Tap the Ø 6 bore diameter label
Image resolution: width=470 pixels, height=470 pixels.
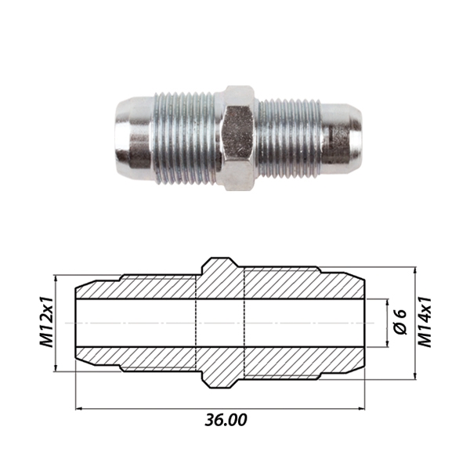(399, 322)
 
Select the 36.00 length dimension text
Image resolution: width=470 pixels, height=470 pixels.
(226, 420)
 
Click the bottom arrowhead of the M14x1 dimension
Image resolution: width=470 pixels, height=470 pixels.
(411, 373)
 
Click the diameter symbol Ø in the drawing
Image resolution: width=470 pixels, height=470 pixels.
(399, 331)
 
